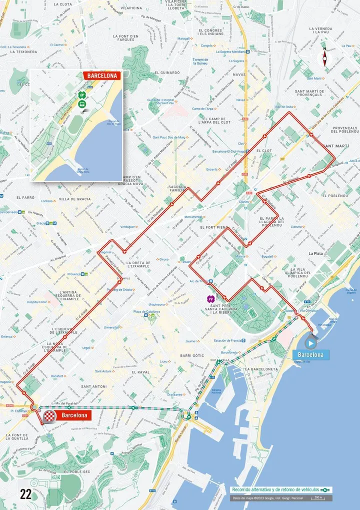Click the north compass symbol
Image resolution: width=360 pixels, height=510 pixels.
tap(325, 58)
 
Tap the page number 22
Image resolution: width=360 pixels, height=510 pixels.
tap(25, 494)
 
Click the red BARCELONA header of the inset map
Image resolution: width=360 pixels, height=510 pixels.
tap(102, 76)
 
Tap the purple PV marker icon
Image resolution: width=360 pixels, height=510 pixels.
tap(211, 299)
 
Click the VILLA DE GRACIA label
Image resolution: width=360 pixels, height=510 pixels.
tap(75, 199)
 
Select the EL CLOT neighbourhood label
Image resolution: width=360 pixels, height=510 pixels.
tap(264, 150)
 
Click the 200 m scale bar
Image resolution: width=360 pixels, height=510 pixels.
tap(317, 498)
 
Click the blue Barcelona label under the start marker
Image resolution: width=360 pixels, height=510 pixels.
tap(311, 355)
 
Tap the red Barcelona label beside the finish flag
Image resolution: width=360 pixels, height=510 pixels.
tap(74, 415)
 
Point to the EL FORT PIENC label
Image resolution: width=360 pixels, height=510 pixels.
tap(213, 227)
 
